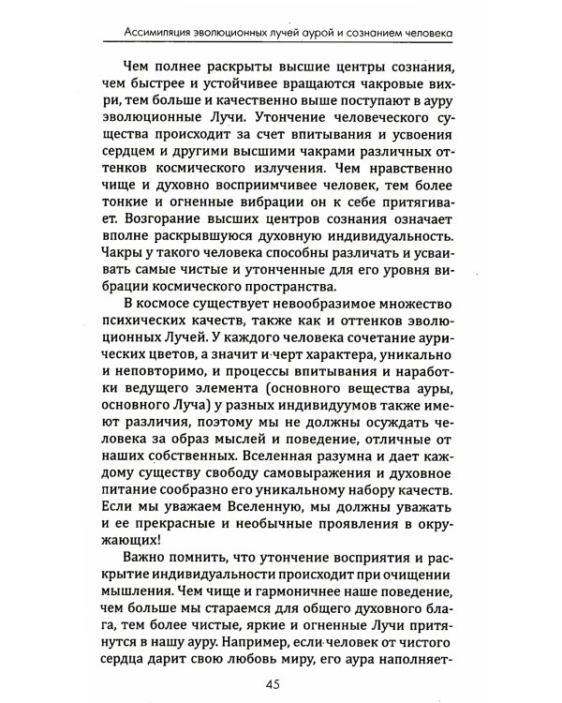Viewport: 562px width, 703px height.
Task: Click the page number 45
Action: click(x=281, y=681)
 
